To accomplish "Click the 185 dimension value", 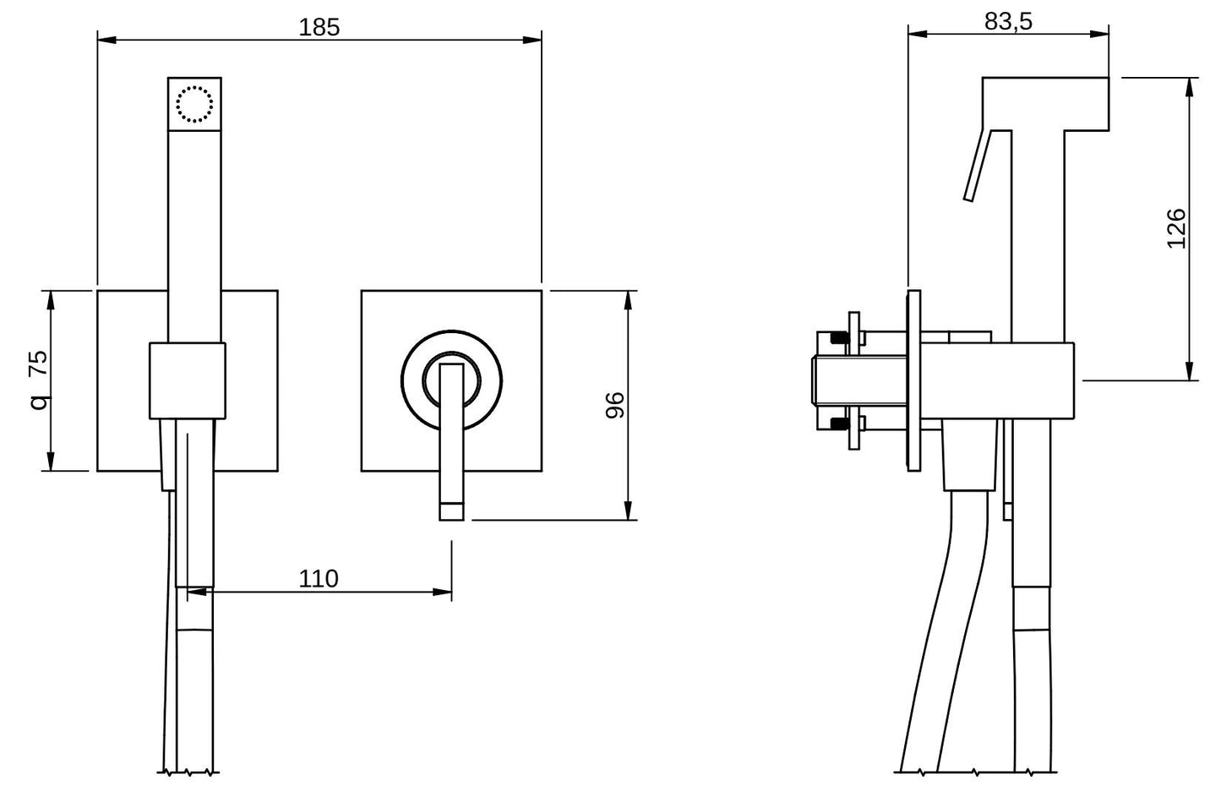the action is [x=319, y=27].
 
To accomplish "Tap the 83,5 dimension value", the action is [x=1008, y=21].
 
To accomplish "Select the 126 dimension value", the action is [x=1176, y=228].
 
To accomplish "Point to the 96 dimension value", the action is [x=615, y=405].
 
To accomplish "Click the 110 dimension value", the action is [x=319, y=578].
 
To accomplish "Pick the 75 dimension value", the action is [x=38, y=363].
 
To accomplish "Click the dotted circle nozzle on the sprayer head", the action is [x=194, y=104].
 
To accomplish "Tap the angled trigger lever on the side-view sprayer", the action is [x=978, y=165].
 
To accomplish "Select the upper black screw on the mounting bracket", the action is [x=840, y=338].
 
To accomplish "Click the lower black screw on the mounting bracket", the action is [x=840, y=423].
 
